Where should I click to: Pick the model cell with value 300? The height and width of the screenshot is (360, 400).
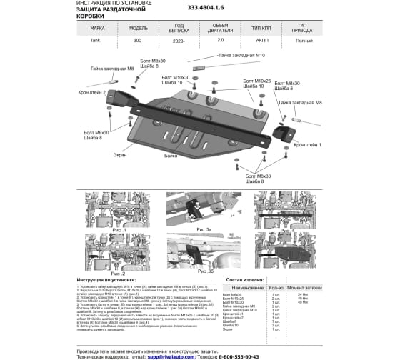(x=138, y=41)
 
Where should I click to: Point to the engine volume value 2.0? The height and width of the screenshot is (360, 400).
(x=220, y=41)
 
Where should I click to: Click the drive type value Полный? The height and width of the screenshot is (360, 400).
(x=302, y=41)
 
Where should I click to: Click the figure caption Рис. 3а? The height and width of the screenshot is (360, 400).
(x=204, y=229)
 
